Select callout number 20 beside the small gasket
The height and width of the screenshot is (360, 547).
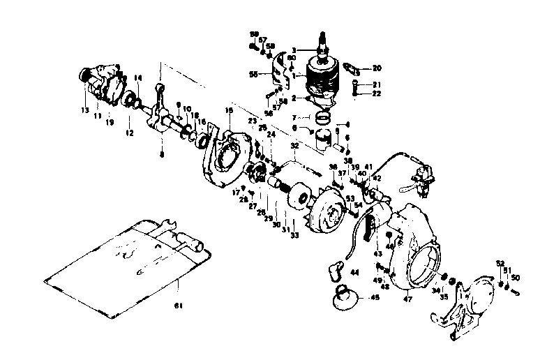pos(377,68)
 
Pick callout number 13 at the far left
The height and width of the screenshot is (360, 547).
pos(85,110)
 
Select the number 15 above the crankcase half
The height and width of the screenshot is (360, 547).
pos(228,110)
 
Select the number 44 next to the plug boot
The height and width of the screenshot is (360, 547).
pos(354,272)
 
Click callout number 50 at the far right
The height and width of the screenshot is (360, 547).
pos(516,278)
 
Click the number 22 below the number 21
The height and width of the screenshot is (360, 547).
pos(377,93)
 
